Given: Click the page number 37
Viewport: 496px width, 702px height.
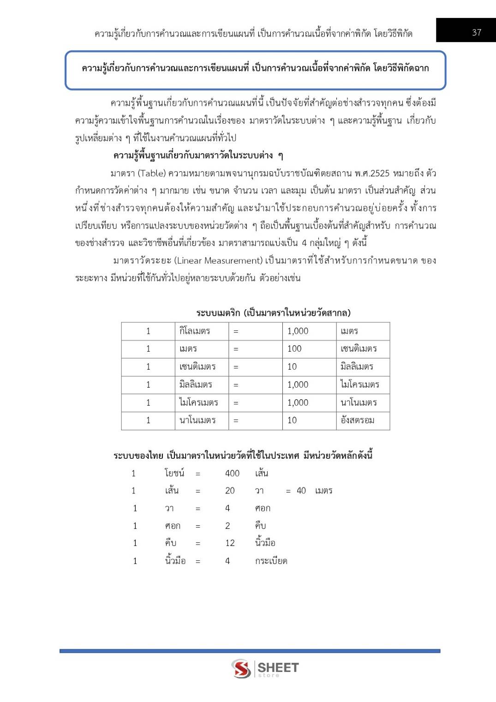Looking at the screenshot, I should tap(477, 32).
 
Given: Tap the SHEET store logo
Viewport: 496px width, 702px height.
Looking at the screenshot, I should tap(265, 668).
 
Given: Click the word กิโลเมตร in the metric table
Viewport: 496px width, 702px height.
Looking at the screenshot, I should tap(195, 331).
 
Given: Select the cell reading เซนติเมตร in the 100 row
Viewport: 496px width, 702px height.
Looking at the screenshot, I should tap(359, 349).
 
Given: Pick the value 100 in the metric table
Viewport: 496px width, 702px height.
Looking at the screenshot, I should tap(294, 349).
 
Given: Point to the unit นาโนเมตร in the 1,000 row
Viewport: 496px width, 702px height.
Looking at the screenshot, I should tap(359, 402).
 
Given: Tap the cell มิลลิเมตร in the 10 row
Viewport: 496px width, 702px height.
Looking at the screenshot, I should tap(357, 367).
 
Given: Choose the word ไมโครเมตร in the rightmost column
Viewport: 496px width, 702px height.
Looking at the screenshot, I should tap(359, 384).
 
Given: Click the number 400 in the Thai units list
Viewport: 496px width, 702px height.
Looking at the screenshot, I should tap(232, 473).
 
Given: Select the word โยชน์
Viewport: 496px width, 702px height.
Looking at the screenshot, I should tap(174, 473).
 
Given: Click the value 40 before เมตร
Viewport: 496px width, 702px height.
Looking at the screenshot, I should tap(301, 491).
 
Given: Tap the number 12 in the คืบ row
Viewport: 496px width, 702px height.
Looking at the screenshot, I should tap(230, 543).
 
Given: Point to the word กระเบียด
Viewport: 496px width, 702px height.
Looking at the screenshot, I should tap(271, 561).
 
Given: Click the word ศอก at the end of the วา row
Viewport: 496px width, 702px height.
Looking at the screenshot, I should tap(263, 509).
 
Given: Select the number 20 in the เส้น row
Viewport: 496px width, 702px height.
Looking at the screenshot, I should tap(230, 491).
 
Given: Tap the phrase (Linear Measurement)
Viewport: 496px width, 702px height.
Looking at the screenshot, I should tap(218, 261).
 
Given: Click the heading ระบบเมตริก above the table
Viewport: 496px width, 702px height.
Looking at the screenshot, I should tap(218, 313).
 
